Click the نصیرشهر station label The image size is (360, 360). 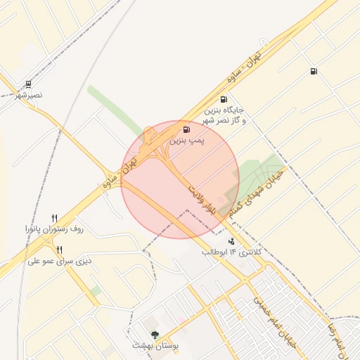(30, 94)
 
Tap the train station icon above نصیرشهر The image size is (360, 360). (27, 84)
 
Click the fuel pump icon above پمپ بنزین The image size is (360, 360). (186, 129)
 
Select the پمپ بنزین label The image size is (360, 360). (187, 141)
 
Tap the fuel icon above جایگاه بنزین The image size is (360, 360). (224, 99)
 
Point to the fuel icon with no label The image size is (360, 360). (313, 70)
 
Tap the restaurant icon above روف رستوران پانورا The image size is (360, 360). (54, 219)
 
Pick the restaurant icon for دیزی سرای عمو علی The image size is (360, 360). (60, 250)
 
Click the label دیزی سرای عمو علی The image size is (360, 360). (60, 261)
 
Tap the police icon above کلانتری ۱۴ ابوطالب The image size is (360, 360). (231, 241)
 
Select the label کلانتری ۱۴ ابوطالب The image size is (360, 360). (231, 252)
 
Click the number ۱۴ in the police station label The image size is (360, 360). (233, 252)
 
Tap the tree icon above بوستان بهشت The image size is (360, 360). (155, 335)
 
